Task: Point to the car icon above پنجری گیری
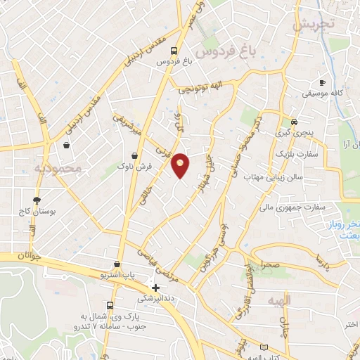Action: pyautogui.click(x=293, y=120)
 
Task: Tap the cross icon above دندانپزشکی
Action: pyautogui.click(x=155, y=287)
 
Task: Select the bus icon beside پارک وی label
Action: pyautogui.click(x=110, y=305)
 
